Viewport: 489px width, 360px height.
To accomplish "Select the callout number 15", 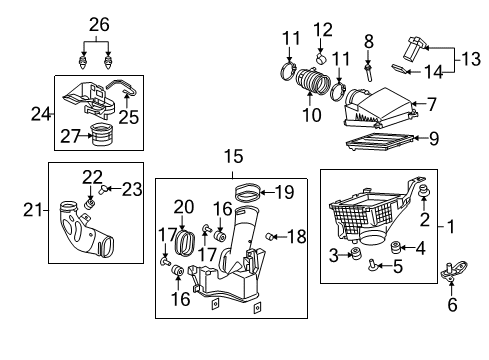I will (x=232, y=156).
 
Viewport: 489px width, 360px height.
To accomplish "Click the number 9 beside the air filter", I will (x=434, y=139).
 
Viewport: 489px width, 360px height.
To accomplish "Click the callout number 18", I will (x=296, y=236).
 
